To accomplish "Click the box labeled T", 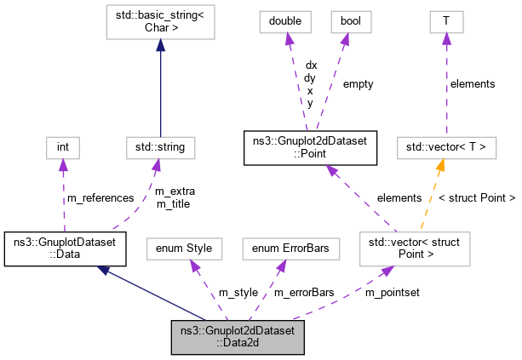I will point(445,20).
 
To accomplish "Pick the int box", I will point(62,147).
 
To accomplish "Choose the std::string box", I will point(159,147).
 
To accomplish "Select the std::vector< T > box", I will point(445,147).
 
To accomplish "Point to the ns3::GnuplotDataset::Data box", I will point(65,248).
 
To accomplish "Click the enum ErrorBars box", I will point(290,248).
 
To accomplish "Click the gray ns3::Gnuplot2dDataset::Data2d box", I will point(237,337).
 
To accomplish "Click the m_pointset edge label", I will point(393,293).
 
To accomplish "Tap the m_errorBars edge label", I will point(304,293).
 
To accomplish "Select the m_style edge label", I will point(238,293).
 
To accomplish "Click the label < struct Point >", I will point(477,198).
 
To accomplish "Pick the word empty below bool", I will point(358,83).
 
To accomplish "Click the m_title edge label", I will point(173,204).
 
